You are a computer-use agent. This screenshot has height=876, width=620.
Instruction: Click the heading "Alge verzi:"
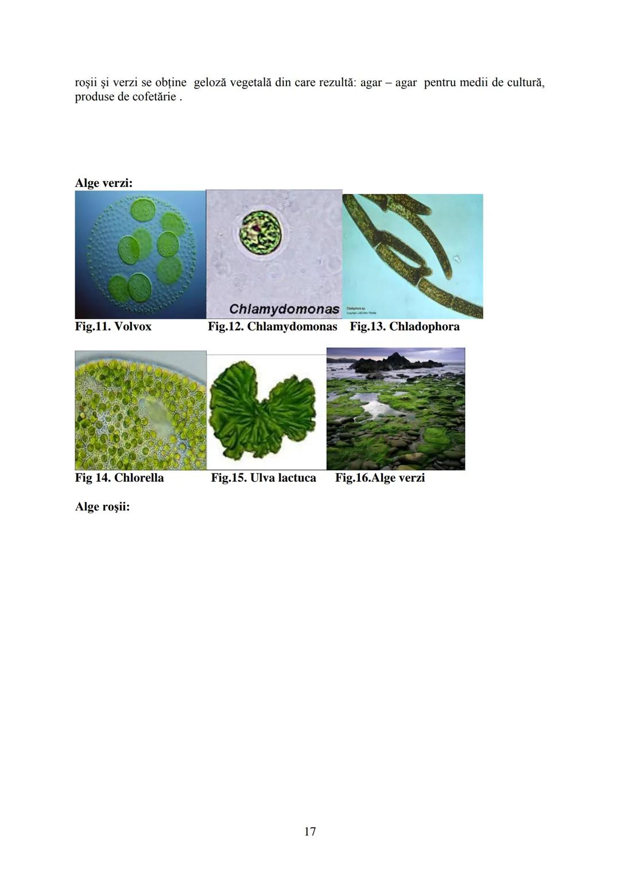coord(104,183)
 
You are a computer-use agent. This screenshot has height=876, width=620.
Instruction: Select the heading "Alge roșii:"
coord(102,507)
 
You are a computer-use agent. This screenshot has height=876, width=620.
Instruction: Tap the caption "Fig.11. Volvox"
coord(113,326)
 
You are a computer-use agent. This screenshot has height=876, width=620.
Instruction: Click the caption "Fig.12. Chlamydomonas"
coord(272,326)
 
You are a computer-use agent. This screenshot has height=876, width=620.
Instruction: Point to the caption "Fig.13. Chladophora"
coord(404,326)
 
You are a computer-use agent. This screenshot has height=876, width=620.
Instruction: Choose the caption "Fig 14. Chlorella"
coord(119,478)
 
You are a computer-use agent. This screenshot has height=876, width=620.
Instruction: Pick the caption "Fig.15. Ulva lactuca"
coord(263,478)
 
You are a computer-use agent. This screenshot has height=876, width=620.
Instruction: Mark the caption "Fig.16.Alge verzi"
coord(379,478)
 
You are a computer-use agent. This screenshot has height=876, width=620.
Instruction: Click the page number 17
coord(310,831)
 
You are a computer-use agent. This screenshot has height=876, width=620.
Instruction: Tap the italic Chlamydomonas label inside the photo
coord(284,309)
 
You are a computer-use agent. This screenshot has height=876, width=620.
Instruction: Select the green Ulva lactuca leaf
coord(262,410)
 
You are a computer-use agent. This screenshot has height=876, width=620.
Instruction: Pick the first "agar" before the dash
coord(371,83)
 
